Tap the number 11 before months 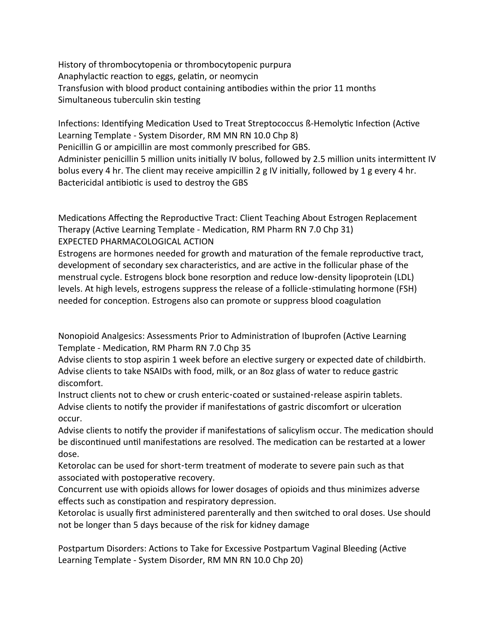(x=338, y=88)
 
